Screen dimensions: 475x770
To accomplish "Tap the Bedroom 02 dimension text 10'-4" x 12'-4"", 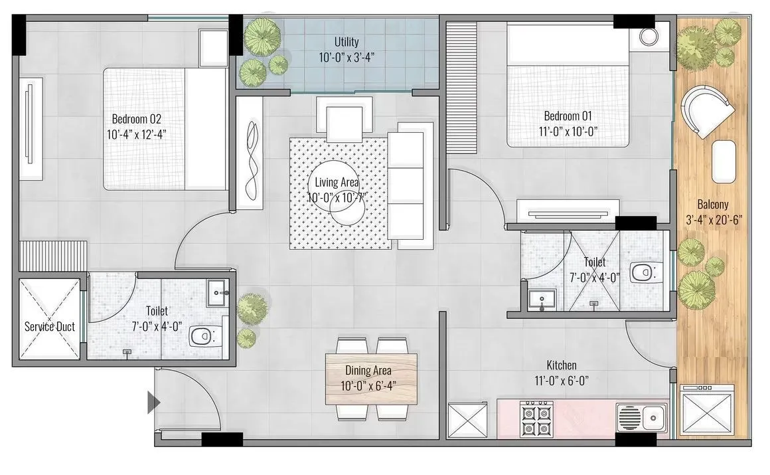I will point(136,134).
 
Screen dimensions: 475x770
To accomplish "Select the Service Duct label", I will point(50,327).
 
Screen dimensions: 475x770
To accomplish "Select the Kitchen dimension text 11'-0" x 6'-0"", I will point(562,380).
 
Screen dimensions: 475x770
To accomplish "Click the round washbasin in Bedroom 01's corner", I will point(650,37).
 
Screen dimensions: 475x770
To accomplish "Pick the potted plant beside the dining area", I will point(251,308).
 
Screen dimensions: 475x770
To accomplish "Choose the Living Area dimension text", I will point(337,197).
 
